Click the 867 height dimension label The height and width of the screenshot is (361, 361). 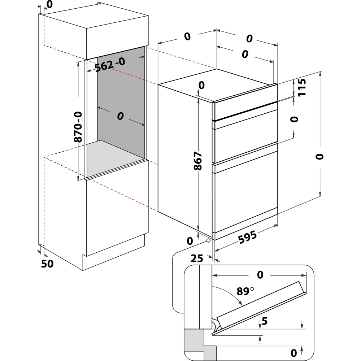(198, 163)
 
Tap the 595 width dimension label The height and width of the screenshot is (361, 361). (247, 239)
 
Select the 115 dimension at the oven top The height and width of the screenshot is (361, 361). (302, 87)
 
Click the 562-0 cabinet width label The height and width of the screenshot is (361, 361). (110, 65)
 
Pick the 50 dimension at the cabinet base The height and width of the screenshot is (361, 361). (47, 264)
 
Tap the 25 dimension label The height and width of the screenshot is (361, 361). (197, 258)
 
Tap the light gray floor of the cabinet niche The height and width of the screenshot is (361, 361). (116, 155)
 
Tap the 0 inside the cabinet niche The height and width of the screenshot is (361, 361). (120, 116)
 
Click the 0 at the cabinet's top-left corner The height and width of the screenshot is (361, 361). (49, 4)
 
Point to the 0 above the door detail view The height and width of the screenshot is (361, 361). (260, 275)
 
